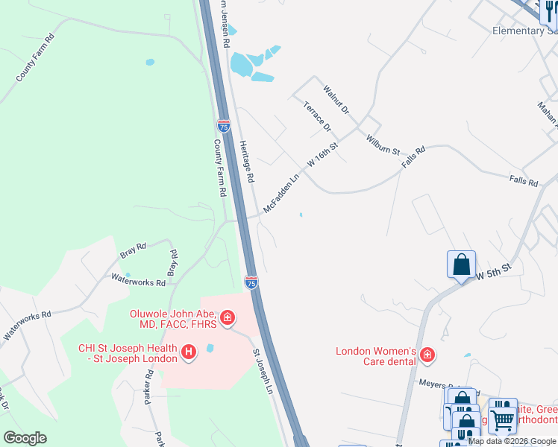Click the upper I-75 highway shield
click(x=224, y=126)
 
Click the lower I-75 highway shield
click(x=251, y=282)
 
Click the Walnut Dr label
click(x=336, y=100)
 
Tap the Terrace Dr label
click(x=317, y=116)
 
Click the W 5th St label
click(x=494, y=271)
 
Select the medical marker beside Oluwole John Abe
click(x=227, y=320)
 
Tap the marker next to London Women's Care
click(x=427, y=355)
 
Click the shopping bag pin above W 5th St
click(x=462, y=264)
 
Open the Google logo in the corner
click(x=25, y=438)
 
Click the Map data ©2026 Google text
click(x=512, y=441)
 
